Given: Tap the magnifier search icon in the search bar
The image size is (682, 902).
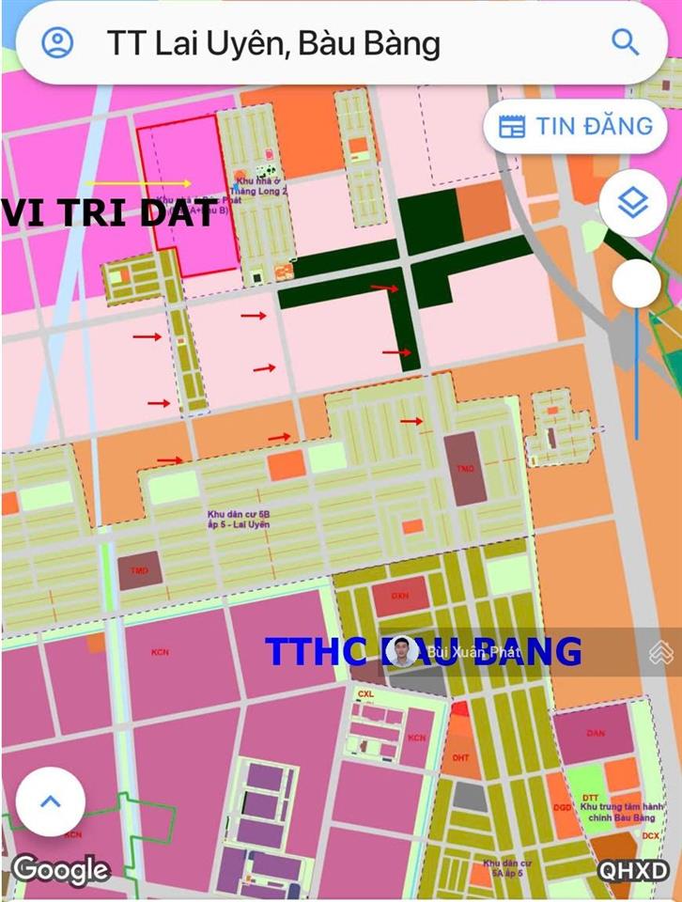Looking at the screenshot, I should click(x=625, y=42).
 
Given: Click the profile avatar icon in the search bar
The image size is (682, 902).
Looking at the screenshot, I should click(x=58, y=42).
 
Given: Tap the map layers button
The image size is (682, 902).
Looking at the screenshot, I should click(x=633, y=202).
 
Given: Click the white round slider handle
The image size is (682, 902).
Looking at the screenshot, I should click(x=636, y=283).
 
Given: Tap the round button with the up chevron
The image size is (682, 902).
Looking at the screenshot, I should click(x=50, y=801).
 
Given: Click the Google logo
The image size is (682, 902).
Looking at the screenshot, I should click(x=60, y=869).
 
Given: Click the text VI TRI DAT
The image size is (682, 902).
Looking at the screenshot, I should click(x=109, y=213).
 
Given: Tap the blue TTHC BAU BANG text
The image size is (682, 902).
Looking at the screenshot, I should click(x=423, y=651).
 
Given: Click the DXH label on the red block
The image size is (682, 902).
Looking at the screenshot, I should click(x=400, y=596).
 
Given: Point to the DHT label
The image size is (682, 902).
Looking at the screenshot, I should click(x=460, y=757).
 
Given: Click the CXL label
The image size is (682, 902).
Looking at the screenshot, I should click(x=365, y=693).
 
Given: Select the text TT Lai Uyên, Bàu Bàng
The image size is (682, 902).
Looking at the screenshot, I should click(x=273, y=43).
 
